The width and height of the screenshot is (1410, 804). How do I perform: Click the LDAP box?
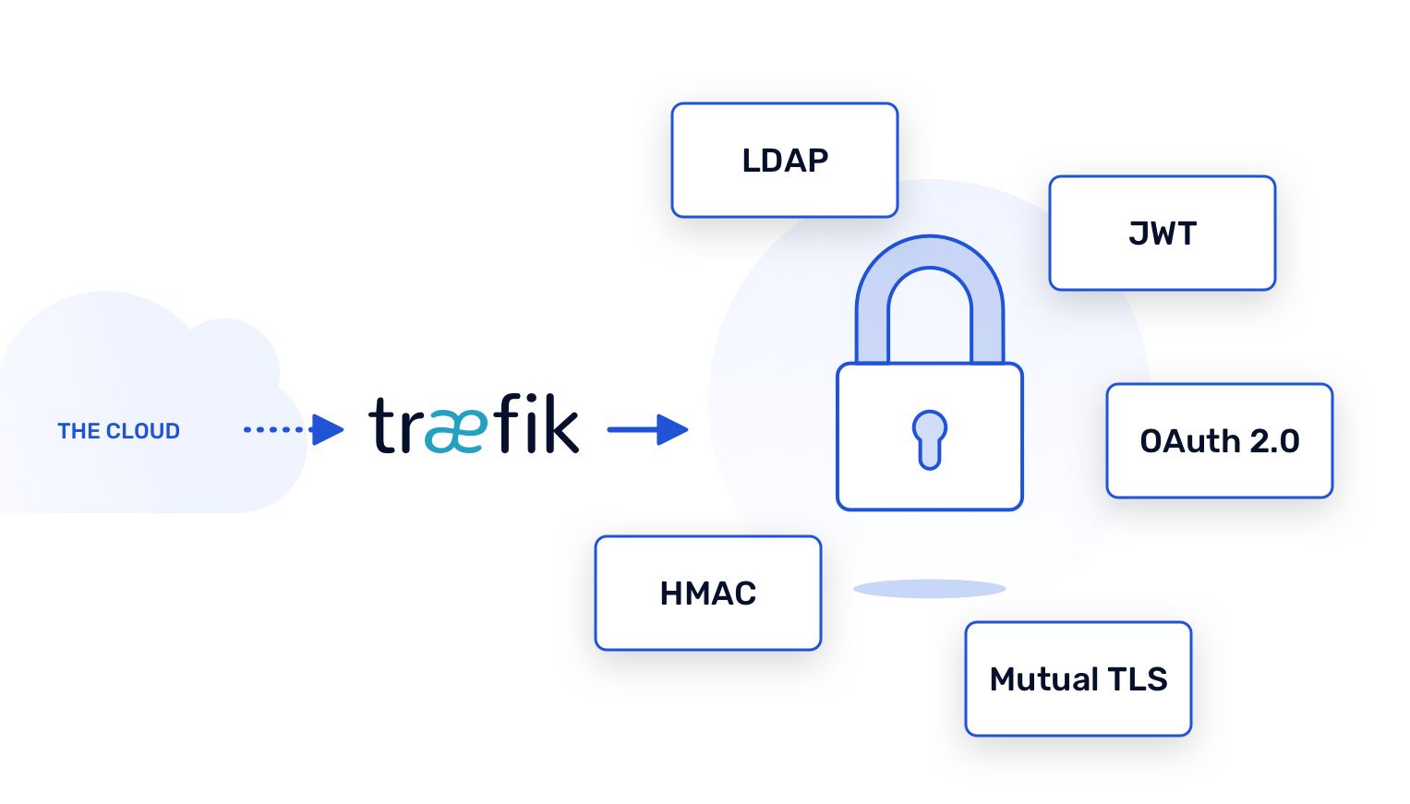pyautogui.click(x=784, y=161)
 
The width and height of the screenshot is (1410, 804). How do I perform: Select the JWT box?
pyautogui.click(x=1162, y=234)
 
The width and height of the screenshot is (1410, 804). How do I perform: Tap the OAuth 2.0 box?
pyautogui.click(x=1219, y=441)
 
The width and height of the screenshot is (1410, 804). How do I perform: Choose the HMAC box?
pyautogui.click(x=707, y=594)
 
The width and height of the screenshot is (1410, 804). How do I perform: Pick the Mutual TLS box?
pyautogui.click(x=1078, y=679)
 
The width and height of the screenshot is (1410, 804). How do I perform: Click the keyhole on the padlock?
pyautogui.click(x=929, y=438)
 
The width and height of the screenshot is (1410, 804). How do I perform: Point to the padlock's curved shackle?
pyautogui.click(x=929, y=258)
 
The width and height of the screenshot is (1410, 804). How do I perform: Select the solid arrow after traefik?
pyautogui.click(x=647, y=429)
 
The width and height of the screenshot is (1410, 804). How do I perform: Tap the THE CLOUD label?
pyautogui.click(x=118, y=431)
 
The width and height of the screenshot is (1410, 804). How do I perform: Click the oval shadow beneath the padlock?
pyautogui.click(x=929, y=588)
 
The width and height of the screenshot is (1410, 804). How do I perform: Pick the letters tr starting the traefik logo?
pyautogui.click(x=394, y=426)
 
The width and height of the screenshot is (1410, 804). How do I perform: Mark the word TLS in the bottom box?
pyautogui.click(x=1138, y=679)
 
